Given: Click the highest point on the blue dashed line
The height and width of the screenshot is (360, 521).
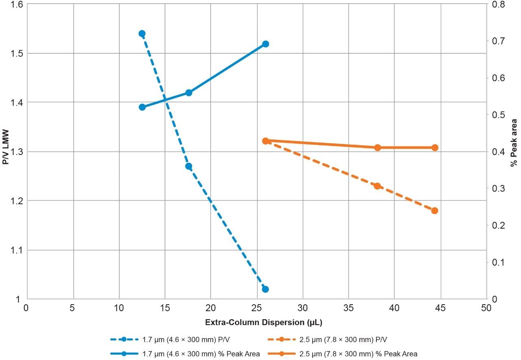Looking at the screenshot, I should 142,34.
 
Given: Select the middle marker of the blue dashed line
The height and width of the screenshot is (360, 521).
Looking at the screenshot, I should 188,166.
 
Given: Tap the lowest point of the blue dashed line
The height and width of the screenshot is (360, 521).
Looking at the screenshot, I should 265,289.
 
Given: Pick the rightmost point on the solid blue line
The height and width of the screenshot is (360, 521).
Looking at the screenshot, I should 265,44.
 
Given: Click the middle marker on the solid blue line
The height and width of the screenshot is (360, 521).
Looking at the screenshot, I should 188,93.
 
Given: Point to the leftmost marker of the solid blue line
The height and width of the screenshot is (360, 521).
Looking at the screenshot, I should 142,107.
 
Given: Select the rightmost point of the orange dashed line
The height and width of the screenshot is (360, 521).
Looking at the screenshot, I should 434,211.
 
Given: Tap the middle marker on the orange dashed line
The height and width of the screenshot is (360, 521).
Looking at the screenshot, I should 377,186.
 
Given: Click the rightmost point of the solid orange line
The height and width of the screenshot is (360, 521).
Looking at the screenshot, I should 434,148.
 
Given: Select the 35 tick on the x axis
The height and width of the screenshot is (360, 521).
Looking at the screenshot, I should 348,308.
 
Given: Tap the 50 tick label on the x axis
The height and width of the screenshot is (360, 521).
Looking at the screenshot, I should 486,308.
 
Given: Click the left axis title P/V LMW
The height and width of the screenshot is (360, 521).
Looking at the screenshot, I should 6,152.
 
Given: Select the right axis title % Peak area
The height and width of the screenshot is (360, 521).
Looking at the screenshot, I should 514,152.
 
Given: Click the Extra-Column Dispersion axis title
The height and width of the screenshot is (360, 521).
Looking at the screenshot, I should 255,322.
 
